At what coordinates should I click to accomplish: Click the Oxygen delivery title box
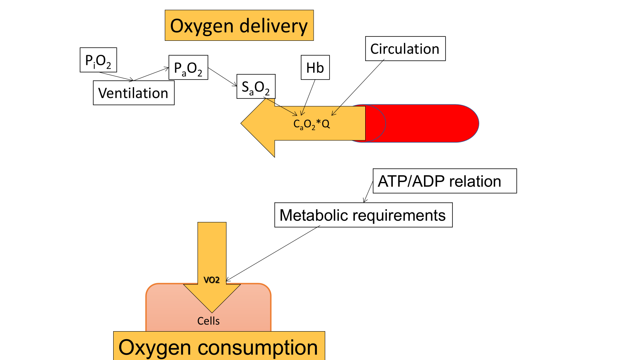point(239,26)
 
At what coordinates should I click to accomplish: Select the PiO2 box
point(98,60)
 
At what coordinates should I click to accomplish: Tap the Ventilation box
point(134,93)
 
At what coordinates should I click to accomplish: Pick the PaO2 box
point(188,68)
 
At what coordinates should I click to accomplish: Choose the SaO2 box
point(256,86)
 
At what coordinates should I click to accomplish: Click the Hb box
point(315,68)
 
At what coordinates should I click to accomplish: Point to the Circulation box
point(405,49)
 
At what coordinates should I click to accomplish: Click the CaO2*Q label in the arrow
point(312,124)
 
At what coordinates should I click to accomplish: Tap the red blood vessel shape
point(428,123)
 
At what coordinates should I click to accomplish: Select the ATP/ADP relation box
point(444,181)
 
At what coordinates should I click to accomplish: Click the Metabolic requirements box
point(363,215)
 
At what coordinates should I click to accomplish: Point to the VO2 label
point(212,280)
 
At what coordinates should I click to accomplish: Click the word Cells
point(208,321)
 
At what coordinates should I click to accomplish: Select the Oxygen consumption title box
point(219,346)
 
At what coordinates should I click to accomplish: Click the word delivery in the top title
point(274,26)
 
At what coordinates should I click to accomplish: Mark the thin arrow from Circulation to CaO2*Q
point(358,88)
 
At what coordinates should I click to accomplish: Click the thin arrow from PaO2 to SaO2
point(222,77)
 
